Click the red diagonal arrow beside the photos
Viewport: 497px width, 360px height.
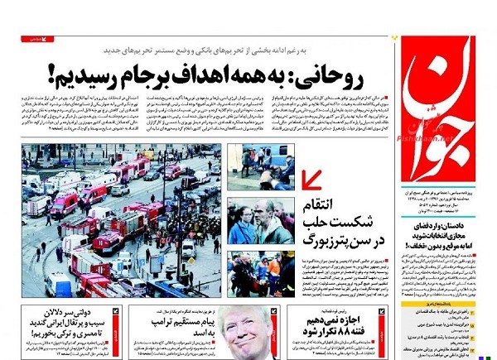(313, 179)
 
